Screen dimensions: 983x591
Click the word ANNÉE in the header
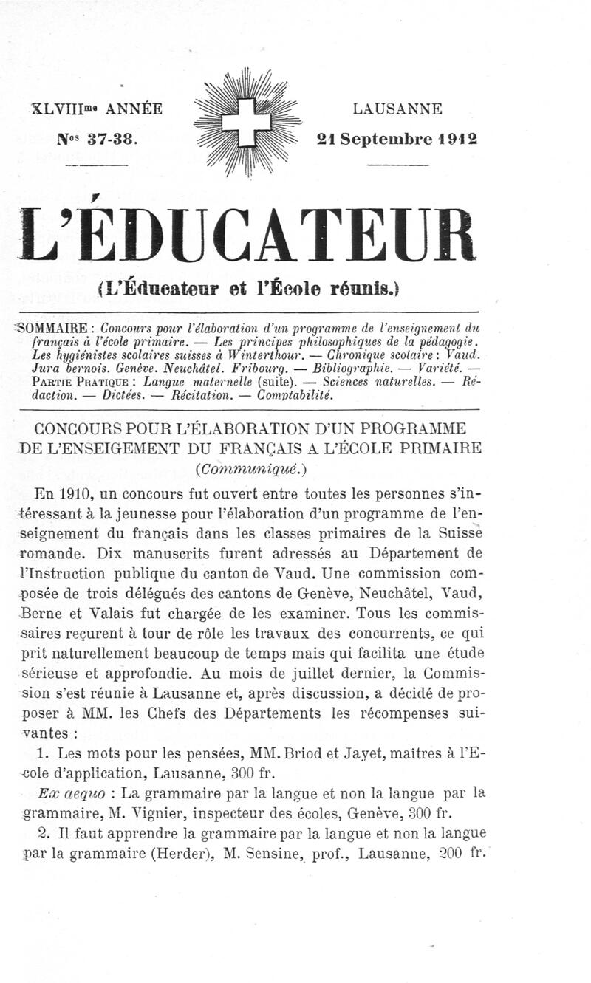pos(134,109)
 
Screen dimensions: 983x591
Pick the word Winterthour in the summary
pos(229,355)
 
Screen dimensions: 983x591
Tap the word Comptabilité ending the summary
pos(290,395)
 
